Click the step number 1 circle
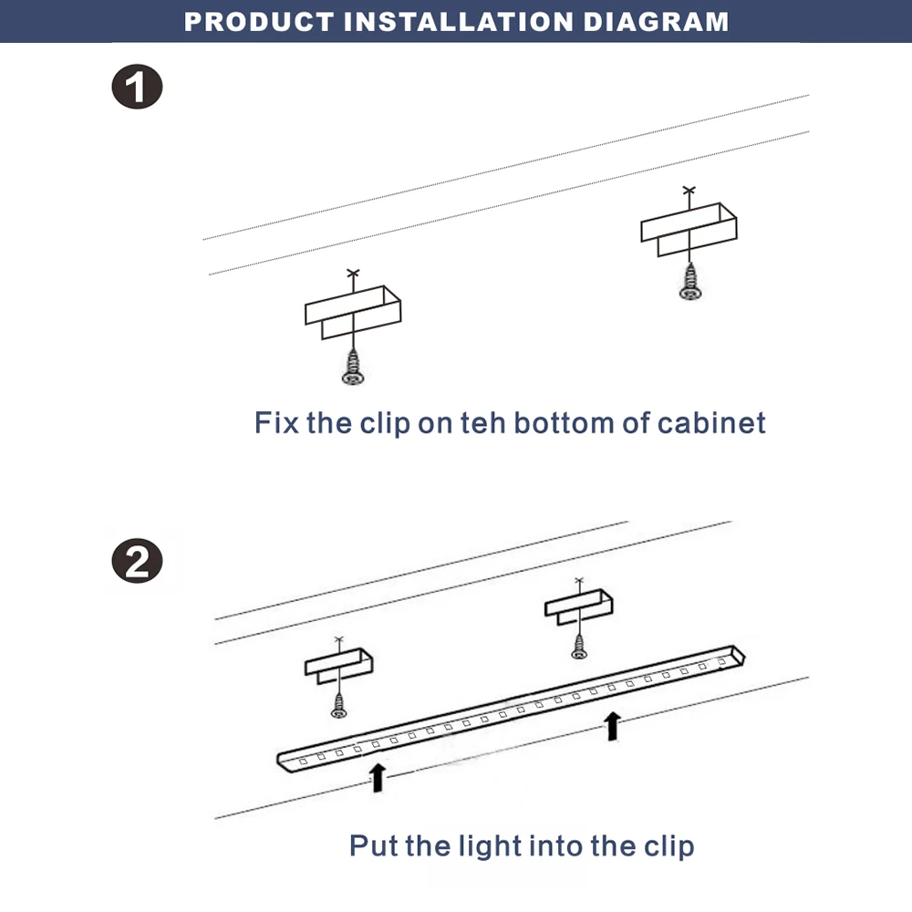[x=137, y=88]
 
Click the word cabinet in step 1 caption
[x=711, y=423]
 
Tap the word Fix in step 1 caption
[x=276, y=423]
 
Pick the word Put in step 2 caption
[x=374, y=845]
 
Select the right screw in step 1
[x=690, y=282]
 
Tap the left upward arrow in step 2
[x=378, y=777]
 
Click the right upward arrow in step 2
[x=613, y=726]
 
